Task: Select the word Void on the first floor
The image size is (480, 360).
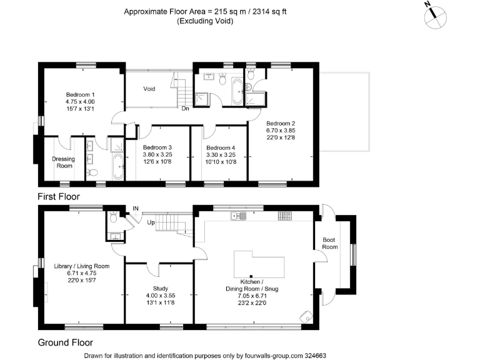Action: click(149, 89)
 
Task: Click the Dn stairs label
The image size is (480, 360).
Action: click(186, 108)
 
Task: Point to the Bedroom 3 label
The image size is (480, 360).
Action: click(157, 147)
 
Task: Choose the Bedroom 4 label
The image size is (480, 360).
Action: click(221, 147)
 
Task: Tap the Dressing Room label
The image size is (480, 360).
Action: click(63, 162)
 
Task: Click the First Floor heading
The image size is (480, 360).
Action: click(59, 196)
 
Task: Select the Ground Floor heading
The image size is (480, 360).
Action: click(65, 342)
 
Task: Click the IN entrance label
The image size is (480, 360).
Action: click(136, 209)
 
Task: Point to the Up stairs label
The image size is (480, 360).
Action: click(151, 222)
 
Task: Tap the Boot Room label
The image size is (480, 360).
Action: click(329, 243)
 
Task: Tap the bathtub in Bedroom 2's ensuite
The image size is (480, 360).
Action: click(237, 90)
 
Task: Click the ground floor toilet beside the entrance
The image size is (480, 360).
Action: click(112, 218)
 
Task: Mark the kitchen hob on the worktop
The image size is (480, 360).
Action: click(284, 216)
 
